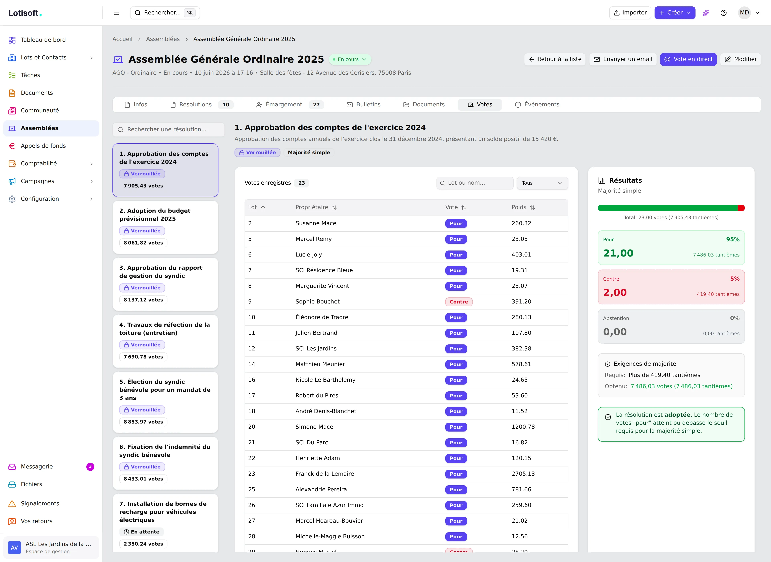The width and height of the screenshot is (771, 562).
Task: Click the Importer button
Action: coord(630,13)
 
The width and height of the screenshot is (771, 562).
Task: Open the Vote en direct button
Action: coord(688,59)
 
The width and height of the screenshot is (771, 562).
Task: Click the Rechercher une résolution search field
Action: coord(168,129)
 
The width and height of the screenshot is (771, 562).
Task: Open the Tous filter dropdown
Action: coord(542,183)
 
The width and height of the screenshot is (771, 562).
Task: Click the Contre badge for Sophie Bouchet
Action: coord(459,302)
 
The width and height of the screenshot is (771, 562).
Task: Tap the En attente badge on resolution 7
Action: coord(142,532)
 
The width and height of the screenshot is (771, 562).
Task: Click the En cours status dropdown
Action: coord(350,59)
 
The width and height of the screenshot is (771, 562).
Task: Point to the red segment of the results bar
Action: coord(741,208)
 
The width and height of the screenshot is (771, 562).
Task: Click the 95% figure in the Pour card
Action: coord(733,239)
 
